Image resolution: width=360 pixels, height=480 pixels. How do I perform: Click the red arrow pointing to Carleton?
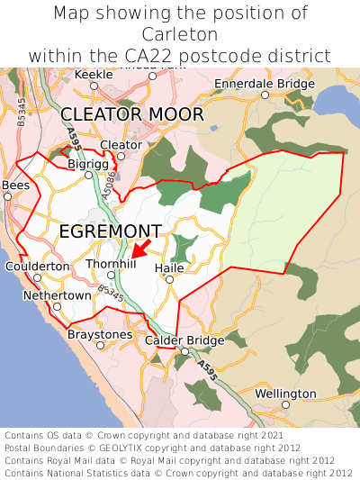tap(140, 249)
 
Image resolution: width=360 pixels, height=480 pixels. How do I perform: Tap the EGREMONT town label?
tap(110, 231)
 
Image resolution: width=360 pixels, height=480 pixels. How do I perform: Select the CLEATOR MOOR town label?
tap(131, 114)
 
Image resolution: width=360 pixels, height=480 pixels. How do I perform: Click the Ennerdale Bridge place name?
tap(265, 84)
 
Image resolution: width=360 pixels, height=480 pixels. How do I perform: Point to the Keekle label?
tap(94, 74)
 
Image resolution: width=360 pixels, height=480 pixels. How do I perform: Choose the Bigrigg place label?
tap(88, 164)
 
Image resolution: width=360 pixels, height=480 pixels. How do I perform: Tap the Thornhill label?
tap(111, 263)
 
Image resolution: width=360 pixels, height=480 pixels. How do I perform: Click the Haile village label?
tap(169, 267)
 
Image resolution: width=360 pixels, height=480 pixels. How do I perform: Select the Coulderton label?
tap(37, 267)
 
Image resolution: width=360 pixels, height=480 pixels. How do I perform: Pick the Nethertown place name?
tap(57, 294)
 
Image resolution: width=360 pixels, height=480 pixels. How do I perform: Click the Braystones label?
tap(100, 334)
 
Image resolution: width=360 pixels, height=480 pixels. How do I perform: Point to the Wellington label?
tap(285, 394)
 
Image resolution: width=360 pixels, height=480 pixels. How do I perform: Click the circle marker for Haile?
tap(169, 280)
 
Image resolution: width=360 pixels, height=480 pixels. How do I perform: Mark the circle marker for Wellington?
tap(285, 405)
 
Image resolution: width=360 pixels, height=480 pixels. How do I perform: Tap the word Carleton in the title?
tap(180, 34)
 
